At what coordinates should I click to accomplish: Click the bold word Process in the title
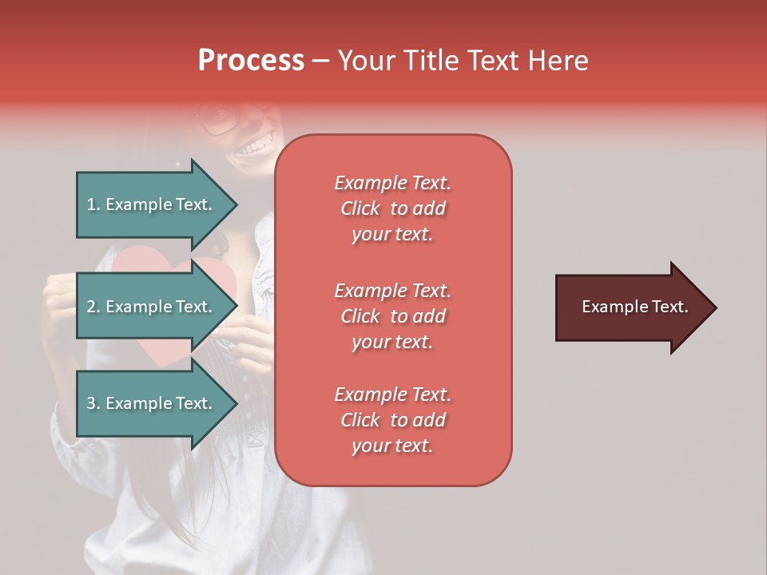pos(251,61)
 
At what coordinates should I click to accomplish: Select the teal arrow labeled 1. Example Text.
pos(152,204)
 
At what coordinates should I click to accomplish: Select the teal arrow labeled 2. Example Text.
pos(152,307)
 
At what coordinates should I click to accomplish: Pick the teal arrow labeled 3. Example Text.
pos(152,403)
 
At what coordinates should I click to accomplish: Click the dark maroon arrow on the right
pos(631,307)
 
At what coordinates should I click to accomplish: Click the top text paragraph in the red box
pos(392,208)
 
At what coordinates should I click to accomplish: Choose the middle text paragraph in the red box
pos(392,315)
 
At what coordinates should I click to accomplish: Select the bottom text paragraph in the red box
pos(392,420)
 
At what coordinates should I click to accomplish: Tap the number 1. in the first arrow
pos(93,204)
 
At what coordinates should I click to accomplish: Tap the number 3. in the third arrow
pos(93,403)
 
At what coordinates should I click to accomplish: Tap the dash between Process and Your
pos(320,61)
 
